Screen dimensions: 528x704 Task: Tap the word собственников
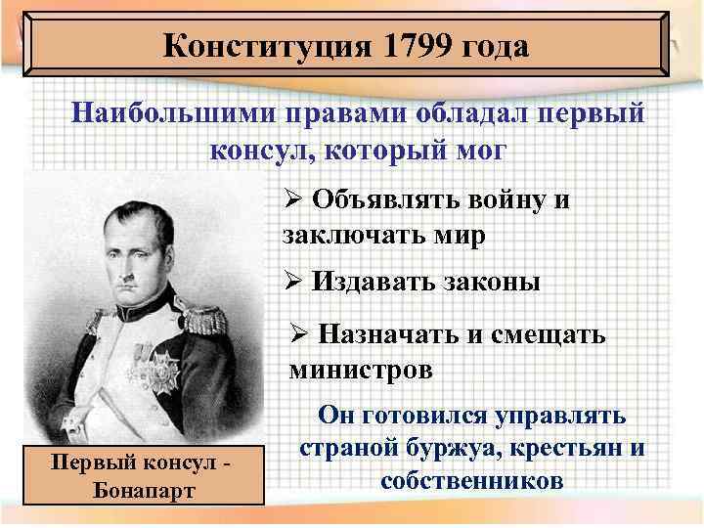[473, 482]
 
